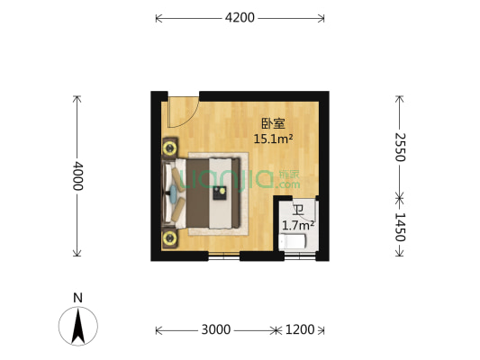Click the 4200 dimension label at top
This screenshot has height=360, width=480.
tap(240, 17)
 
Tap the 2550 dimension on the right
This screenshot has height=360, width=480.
tap(401, 146)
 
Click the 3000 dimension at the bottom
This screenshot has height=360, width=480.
tap(216, 329)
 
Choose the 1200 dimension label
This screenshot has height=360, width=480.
tap(299, 329)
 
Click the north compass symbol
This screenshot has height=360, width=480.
tap(78, 325)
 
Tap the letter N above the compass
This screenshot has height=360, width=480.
tap(78, 297)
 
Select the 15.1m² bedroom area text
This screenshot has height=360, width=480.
tap(273, 139)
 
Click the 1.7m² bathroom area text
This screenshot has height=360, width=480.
tap(297, 226)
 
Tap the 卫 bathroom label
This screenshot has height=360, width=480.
tap(297, 211)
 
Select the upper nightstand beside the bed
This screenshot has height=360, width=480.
tap(169, 147)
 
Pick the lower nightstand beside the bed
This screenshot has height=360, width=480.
tap(169, 238)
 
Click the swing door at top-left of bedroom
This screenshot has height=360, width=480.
tap(181, 110)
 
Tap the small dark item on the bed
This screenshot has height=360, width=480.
tap(218, 191)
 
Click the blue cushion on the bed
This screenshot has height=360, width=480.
tap(173, 192)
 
